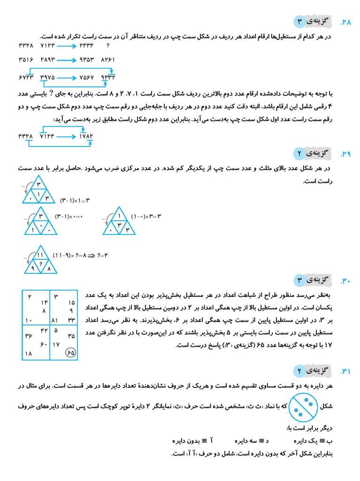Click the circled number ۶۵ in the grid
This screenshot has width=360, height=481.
click(70, 353)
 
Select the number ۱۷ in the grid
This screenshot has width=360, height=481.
click(56, 344)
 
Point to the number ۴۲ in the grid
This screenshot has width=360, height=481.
click(45, 330)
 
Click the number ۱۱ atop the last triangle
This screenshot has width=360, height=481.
click(40, 255)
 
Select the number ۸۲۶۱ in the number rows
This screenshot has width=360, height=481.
click(107, 60)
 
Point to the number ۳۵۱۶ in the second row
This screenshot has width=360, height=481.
click(26, 60)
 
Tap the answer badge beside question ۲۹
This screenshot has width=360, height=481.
click(313, 153)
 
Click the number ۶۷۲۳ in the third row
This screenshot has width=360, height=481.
click(26, 77)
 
